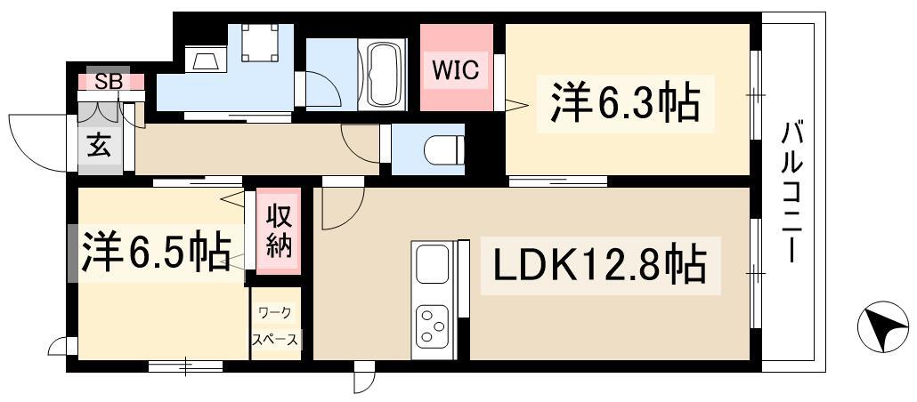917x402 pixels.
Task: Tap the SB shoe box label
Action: [x=108, y=81]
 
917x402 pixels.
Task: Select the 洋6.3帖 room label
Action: [x=624, y=103]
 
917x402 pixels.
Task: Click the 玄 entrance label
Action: [x=99, y=146]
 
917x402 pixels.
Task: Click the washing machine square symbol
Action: [x=261, y=40]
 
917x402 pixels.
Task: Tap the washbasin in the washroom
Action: [x=206, y=61]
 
